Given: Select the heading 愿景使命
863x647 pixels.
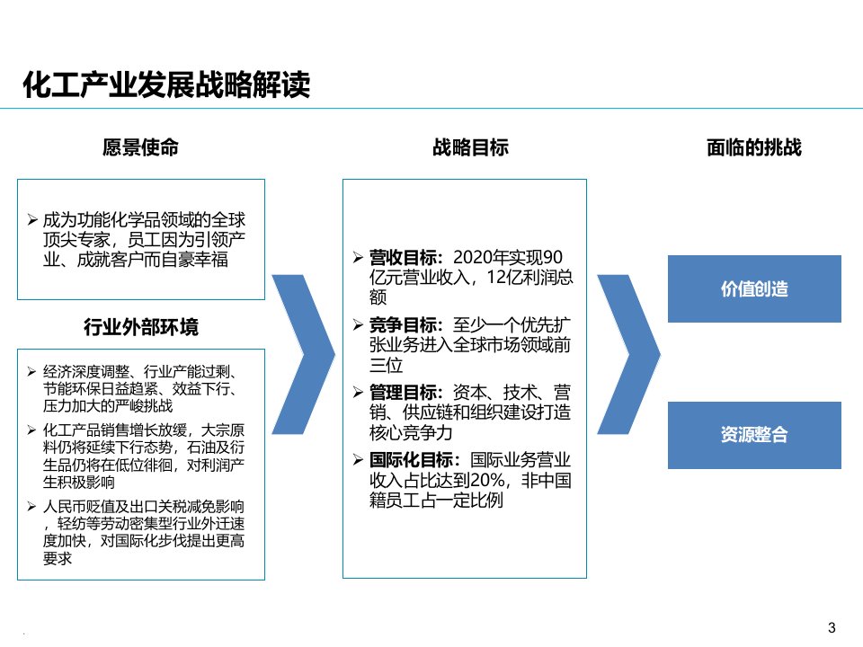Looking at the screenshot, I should [141, 147].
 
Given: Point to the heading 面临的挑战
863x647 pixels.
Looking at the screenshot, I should [753, 147].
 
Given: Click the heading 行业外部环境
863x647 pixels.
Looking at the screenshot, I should [141, 327].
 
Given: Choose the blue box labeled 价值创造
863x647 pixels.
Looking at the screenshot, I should [754, 289].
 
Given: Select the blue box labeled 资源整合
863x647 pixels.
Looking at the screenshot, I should [754, 435].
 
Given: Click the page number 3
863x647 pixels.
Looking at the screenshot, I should [831, 626].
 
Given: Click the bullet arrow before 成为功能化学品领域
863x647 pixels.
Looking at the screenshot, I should [33, 219].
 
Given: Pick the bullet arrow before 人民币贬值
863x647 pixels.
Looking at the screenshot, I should [33, 506].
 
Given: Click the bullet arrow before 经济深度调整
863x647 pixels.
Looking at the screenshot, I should [33, 371].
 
